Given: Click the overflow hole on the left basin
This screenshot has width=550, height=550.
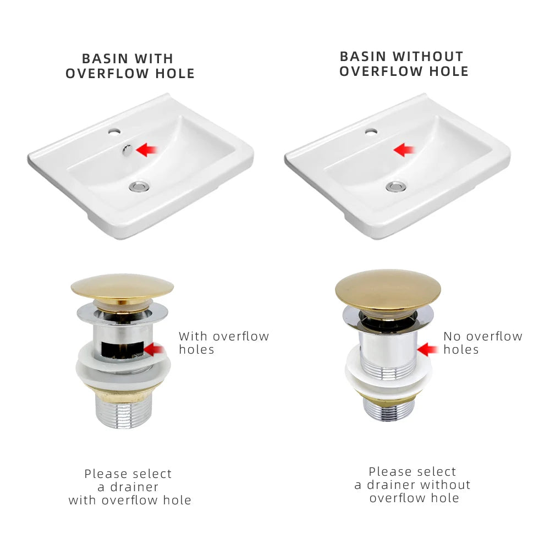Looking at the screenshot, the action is (127, 150).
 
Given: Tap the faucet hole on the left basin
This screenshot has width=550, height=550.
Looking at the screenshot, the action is (114, 132).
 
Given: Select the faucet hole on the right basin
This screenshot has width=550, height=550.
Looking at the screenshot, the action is (371, 132).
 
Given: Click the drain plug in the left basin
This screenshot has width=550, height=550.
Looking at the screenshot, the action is (139, 186).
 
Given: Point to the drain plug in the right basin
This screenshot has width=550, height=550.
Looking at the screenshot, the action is (396, 186).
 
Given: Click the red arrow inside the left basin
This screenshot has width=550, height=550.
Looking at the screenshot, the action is (147, 150).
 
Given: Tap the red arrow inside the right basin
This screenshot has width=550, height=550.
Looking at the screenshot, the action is (404, 150).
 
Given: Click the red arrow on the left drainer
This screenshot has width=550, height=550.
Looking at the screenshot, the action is (154, 349).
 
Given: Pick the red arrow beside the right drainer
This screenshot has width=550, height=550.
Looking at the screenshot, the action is (427, 349).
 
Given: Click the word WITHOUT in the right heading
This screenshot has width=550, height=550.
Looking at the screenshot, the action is (427, 57).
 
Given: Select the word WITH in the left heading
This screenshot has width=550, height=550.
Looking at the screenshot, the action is (153, 59).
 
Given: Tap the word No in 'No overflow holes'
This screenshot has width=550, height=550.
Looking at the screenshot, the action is (452, 337).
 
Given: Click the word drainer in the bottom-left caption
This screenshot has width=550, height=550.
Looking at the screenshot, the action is (134, 487).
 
